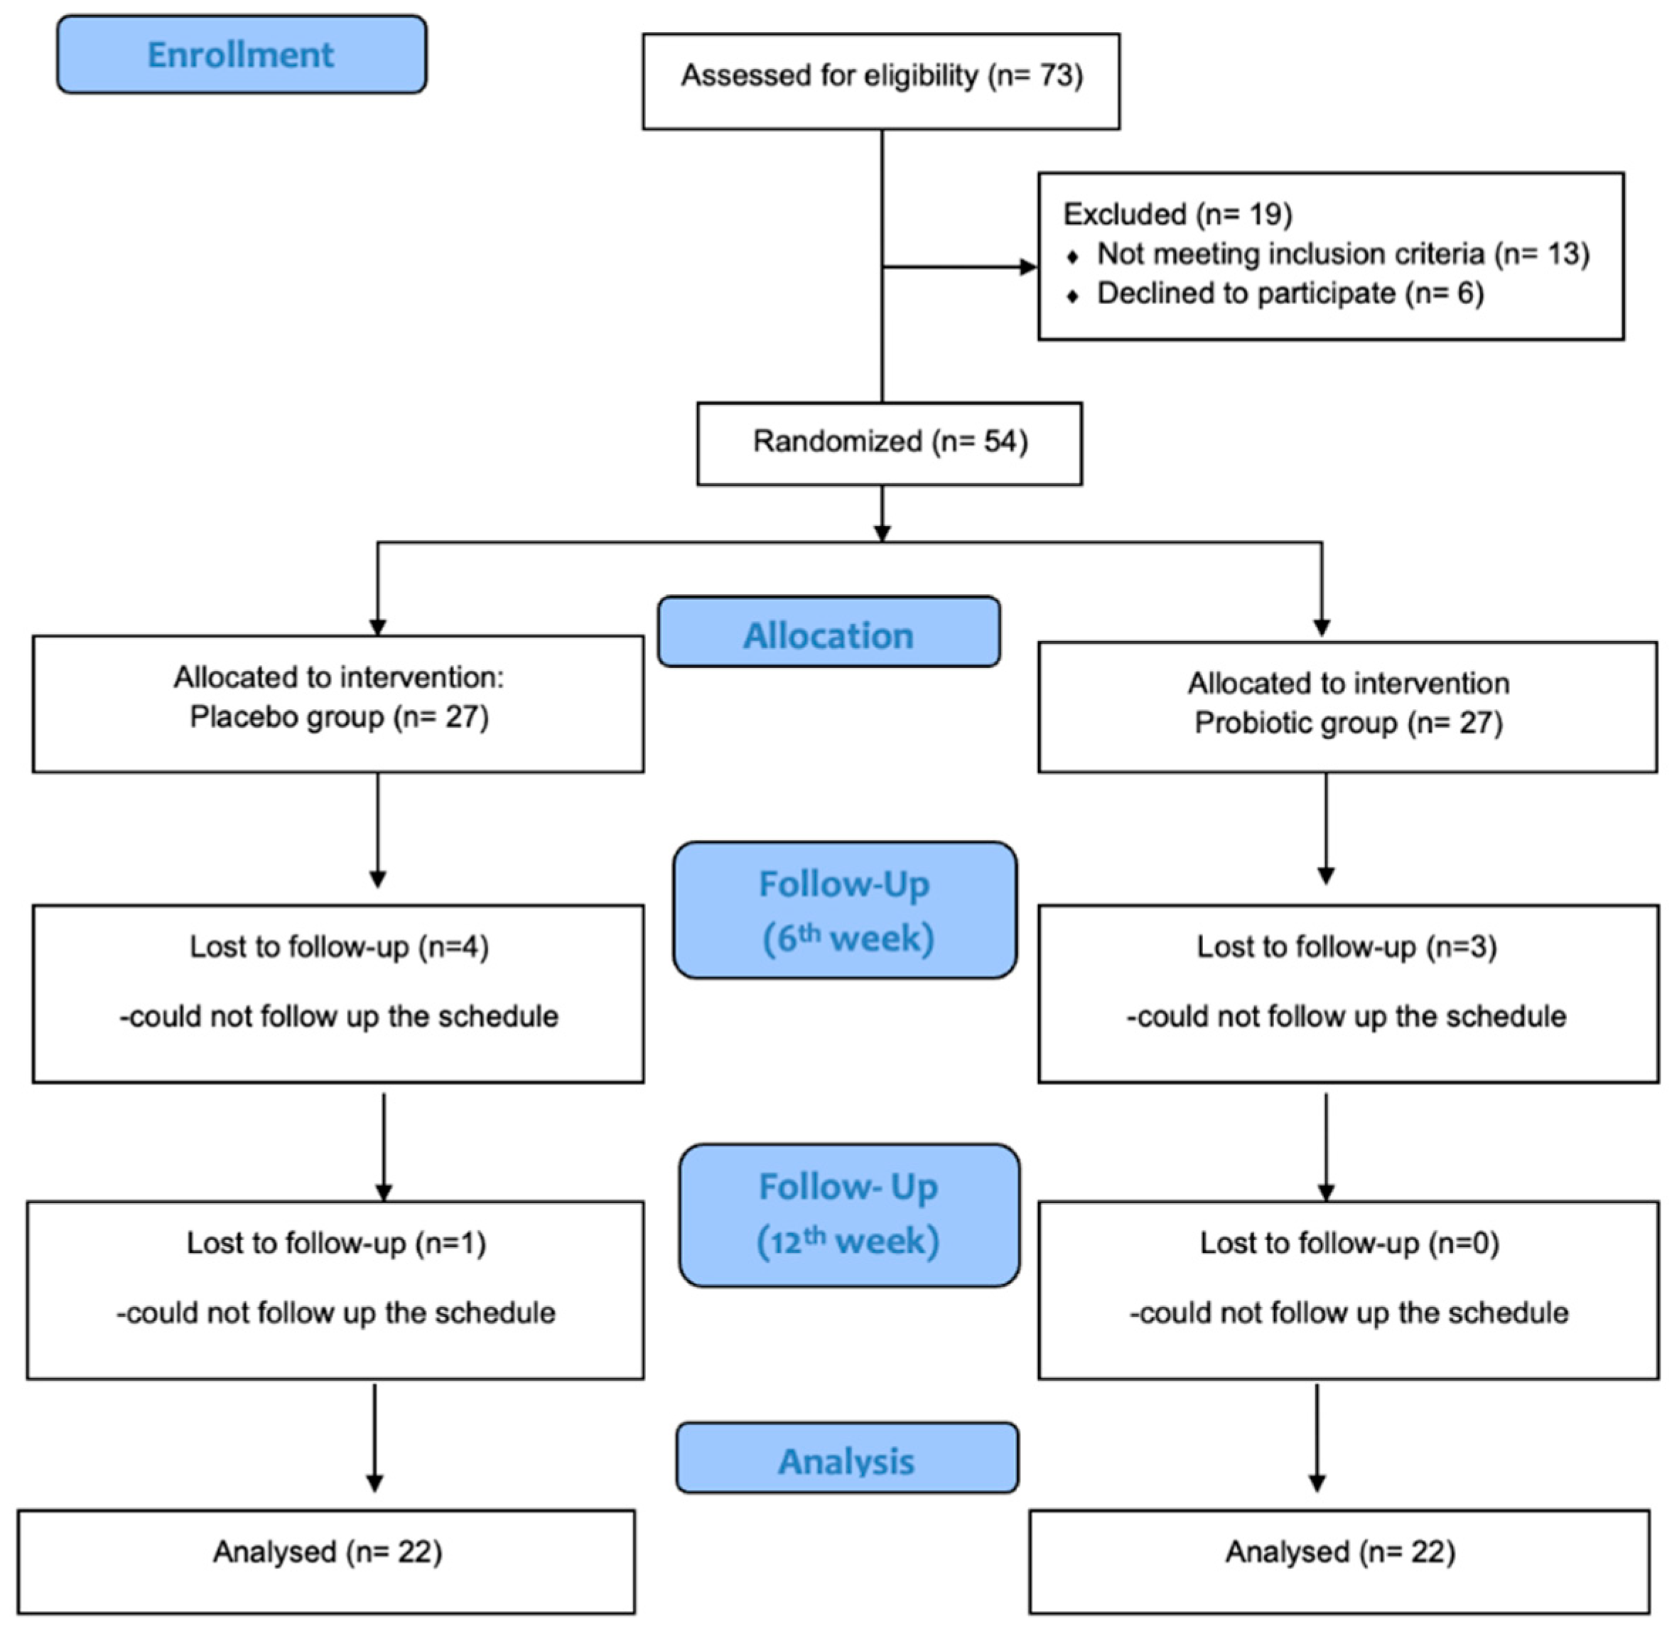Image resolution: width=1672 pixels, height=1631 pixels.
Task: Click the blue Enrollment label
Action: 241,55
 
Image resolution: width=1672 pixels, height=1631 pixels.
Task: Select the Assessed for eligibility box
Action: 880,82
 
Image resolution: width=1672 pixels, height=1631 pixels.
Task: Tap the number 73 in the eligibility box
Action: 1055,76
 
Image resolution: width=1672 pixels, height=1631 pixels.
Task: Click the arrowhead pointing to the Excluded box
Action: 1028,267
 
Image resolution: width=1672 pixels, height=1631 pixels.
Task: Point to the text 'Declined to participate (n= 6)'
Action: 1290,294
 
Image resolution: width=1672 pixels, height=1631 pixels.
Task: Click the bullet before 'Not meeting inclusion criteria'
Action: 1072,256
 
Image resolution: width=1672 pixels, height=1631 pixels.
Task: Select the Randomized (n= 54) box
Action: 889,443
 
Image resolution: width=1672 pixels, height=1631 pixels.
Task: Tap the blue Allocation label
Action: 829,635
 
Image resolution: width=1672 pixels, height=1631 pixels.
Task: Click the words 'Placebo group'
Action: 286,717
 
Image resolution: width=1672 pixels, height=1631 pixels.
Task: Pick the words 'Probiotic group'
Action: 1296,723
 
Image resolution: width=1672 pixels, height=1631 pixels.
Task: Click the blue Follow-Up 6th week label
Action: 845,910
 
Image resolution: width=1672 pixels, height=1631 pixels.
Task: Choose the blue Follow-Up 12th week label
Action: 849,1214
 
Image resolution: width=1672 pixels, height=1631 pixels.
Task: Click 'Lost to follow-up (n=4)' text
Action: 339,947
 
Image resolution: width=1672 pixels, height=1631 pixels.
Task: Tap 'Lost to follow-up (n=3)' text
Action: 1347,947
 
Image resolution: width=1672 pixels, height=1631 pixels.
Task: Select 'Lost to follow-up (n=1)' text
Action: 337,1243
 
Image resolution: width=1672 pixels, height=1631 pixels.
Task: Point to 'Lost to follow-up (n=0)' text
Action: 1349,1243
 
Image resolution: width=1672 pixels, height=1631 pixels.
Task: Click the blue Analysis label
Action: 846,1461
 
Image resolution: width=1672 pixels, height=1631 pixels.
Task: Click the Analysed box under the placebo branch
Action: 326,1561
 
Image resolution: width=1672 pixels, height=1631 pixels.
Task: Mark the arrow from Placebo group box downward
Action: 378,831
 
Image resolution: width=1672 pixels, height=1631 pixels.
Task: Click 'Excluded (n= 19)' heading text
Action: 1177,214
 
